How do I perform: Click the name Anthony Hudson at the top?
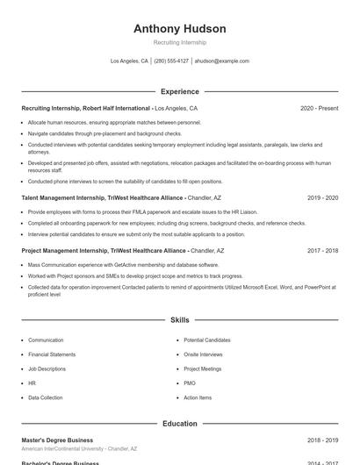(x=179, y=29)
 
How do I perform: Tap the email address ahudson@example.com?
(x=221, y=61)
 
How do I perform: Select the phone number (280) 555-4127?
(x=171, y=61)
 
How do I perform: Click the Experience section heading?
(x=179, y=91)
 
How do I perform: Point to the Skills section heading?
(x=179, y=320)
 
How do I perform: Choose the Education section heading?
(x=179, y=424)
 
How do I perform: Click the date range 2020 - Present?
(x=319, y=109)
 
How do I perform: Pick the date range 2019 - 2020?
(x=322, y=198)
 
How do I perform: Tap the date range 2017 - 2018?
(x=322, y=251)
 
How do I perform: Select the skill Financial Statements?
(x=52, y=354)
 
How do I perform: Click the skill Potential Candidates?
(x=206, y=340)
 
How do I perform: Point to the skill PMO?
(x=190, y=383)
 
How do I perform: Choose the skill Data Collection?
(x=46, y=397)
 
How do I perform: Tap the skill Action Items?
(x=198, y=397)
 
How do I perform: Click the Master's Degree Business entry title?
(x=57, y=440)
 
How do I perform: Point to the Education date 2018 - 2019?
(x=322, y=440)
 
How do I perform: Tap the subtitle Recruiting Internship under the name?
(x=179, y=42)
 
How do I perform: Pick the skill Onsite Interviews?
(x=203, y=354)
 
